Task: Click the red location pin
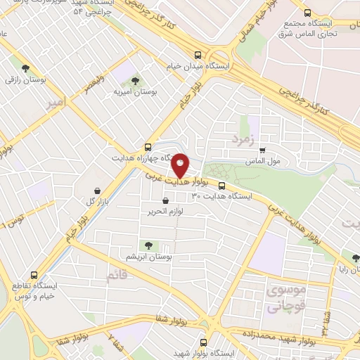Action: [x=181, y=165]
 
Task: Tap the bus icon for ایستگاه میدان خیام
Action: [x=199, y=55]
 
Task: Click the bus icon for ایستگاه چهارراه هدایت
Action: [x=147, y=147]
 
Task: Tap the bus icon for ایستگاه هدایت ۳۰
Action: [x=222, y=186]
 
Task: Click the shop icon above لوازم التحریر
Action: [x=165, y=200]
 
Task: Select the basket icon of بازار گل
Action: [x=98, y=191]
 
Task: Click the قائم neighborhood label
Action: [x=116, y=275]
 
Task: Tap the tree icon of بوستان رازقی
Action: [x=26, y=69]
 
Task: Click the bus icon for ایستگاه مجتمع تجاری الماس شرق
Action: [x=307, y=12]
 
